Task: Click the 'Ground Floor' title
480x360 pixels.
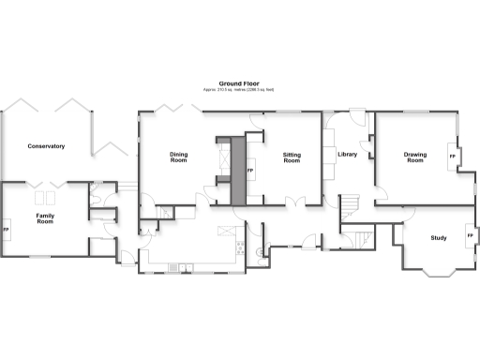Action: pyautogui.click(x=239, y=83)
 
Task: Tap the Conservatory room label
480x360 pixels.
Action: pyautogui.click(x=46, y=146)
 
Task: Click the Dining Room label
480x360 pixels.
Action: pyautogui.click(x=178, y=157)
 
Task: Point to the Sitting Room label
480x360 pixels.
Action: pyautogui.click(x=292, y=157)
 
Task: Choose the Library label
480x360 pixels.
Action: pyautogui.click(x=348, y=154)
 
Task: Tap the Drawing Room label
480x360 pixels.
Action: pyautogui.click(x=414, y=157)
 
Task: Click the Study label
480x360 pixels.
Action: pyautogui.click(x=438, y=238)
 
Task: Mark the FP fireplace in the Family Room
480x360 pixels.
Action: pyautogui.click(x=7, y=230)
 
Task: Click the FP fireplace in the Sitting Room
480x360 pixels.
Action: pyautogui.click(x=250, y=172)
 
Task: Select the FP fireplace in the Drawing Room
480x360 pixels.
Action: pyautogui.click(x=453, y=156)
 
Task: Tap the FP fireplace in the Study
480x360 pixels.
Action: pyautogui.click(x=470, y=235)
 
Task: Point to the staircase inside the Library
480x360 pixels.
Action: pyautogui.click(x=349, y=202)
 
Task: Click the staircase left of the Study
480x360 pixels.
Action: pyautogui.click(x=357, y=239)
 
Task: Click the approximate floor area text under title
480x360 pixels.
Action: pyautogui.click(x=239, y=90)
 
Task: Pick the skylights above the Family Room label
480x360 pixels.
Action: pyautogui.click(x=44, y=198)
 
